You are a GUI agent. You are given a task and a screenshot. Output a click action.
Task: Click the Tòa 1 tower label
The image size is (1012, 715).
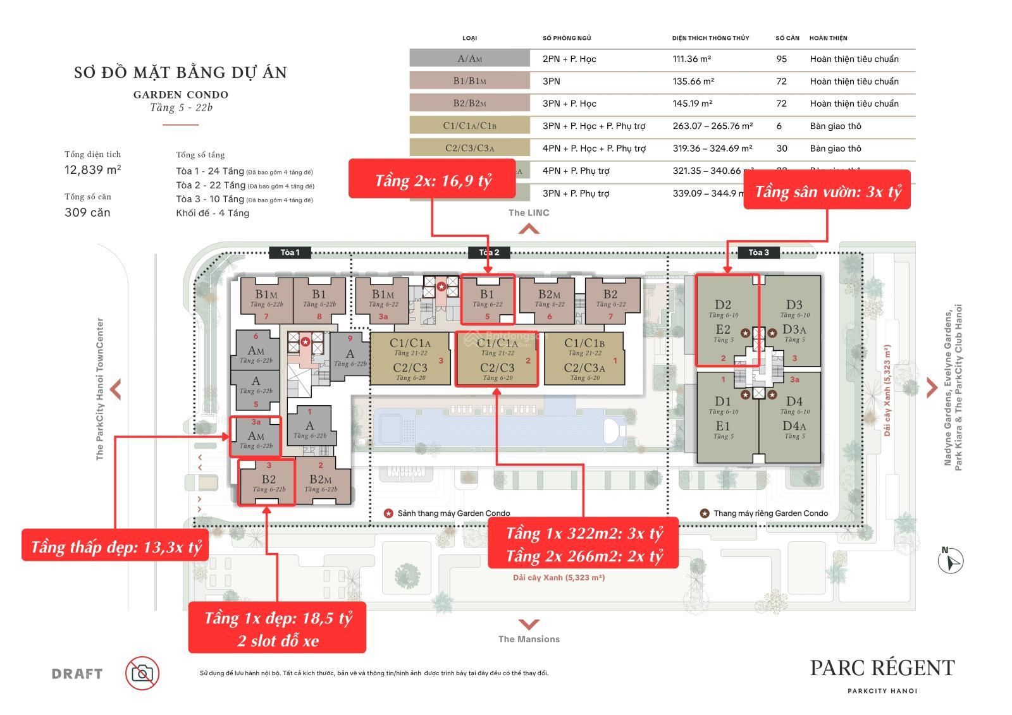coord(290,252)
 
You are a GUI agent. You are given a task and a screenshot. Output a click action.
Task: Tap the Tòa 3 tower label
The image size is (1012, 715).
coord(758,252)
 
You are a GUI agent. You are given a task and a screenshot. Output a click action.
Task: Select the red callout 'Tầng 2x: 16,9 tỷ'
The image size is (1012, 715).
coord(433,181)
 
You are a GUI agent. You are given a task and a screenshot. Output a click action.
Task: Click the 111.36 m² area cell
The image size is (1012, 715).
coord(691,59)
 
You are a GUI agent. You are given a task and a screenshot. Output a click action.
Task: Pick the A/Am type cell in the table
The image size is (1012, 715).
coord(469,59)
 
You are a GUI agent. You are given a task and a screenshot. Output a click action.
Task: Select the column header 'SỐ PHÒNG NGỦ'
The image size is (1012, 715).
coord(567,38)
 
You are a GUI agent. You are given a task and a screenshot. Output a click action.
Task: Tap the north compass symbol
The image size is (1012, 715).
coord(950,560)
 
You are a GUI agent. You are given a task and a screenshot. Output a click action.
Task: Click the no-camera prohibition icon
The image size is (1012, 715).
coord(142,673)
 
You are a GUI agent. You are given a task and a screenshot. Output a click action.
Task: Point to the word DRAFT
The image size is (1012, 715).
coord(77,674)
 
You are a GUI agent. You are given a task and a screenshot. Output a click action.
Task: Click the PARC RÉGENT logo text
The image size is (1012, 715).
coord(882,668)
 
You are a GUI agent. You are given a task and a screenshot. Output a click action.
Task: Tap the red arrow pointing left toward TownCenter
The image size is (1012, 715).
coord(115,389)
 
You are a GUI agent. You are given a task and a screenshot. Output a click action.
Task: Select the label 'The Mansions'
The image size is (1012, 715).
coord(529,639)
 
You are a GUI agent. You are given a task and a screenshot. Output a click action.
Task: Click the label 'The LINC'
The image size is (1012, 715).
coord(529,212)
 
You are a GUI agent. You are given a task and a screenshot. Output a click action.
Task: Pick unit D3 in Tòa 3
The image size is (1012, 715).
coord(794,305)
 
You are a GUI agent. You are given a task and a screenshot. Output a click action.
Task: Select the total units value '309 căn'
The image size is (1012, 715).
coord(87,212)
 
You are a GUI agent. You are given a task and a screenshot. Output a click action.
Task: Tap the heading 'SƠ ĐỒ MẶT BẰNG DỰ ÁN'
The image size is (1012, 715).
coord(180,73)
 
